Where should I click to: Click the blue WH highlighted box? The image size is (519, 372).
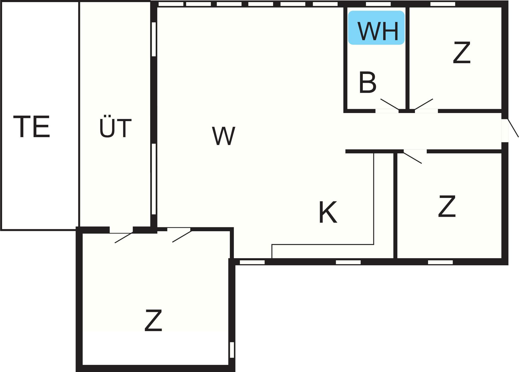[x=376, y=28]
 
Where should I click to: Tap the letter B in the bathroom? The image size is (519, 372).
[x=367, y=83]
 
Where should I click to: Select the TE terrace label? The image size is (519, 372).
[x=31, y=127]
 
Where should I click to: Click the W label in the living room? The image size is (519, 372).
[x=223, y=136]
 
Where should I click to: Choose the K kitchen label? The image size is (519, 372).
[x=328, y=212]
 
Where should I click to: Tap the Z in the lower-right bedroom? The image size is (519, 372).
[x=447, y=207]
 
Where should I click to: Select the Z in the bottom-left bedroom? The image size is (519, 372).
[x=153, y=321]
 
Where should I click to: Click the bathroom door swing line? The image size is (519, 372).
[x=390, y=104]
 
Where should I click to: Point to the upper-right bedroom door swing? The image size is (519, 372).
[x=424, y=104]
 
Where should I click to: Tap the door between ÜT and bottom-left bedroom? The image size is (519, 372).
[x=123, y=238]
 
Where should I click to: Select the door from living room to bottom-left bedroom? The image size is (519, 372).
[x=181, y=236]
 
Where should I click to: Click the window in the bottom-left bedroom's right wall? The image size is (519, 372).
[x=232, y=350]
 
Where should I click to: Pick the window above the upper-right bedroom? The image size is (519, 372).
[x=443, y=4]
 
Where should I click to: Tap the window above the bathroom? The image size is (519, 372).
[x=378, y=4]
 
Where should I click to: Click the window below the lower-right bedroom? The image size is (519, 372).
[x=440, y=262]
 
